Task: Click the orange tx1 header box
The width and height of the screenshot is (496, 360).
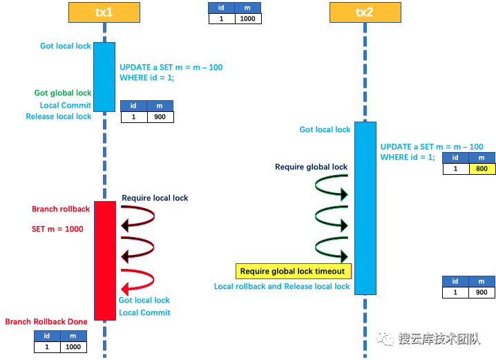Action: pos(104,12)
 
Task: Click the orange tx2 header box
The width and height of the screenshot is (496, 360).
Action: pos(365,12)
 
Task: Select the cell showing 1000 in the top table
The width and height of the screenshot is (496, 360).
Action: pos(248,19)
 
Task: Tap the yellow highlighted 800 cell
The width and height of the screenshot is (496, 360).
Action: pos(481,169)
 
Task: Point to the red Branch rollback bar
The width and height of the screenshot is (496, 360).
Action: pos(105,260)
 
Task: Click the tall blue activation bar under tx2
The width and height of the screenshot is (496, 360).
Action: pos(365,208)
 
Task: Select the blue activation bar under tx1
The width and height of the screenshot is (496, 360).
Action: pos(104,76)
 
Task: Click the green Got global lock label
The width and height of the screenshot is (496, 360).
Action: pos(63,93)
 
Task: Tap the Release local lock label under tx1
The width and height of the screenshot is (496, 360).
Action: pos(59,117)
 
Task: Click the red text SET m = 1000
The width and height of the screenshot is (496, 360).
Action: pos(57,229)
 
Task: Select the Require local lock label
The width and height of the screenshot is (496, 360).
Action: pos(155,198)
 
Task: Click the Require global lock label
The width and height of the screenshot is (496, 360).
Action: pos(311,167)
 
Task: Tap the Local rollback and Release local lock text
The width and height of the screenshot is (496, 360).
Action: pos(282,286)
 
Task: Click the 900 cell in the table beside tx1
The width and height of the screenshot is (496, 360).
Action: pos(160,117)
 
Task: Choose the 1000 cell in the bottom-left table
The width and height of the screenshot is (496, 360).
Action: pos(73,347)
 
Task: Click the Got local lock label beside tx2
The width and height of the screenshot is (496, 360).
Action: pos(325,129)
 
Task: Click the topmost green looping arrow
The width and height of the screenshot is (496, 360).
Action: pos(331,189)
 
